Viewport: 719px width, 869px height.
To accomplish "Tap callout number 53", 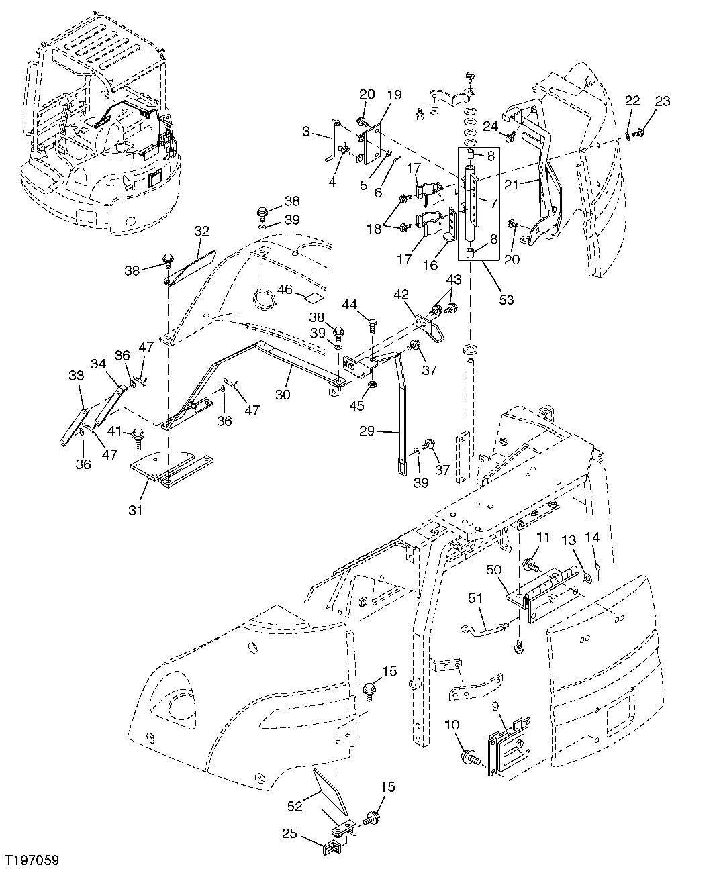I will tap(506, 299).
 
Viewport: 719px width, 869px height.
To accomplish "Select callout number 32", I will tap(201, 232).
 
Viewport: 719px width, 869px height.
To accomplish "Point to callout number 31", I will tap(136, 510).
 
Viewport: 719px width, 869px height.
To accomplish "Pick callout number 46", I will tap(285, 289).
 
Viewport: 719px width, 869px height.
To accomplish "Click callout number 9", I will tap(495, 706).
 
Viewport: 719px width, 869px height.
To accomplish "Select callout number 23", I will tap(662, 101).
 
